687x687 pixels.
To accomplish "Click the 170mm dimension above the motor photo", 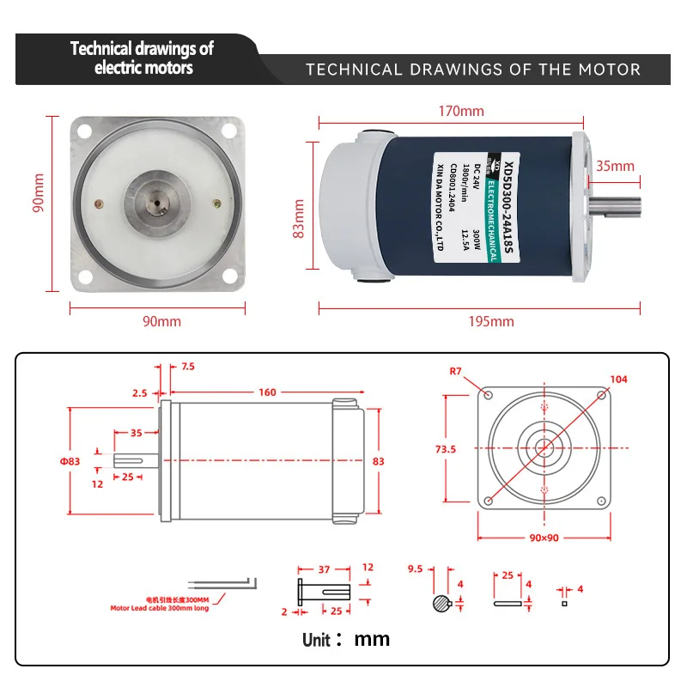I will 461,111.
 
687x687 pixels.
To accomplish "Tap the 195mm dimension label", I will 491,321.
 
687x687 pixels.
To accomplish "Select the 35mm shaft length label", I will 615,166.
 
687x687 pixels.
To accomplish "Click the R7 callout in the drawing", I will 456,371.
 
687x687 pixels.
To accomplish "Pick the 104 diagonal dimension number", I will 618,379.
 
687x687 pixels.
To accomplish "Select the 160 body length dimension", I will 267,392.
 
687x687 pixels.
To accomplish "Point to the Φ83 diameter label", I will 70,461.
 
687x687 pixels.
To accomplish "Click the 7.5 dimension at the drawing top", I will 188,367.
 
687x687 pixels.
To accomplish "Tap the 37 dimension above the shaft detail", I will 324,568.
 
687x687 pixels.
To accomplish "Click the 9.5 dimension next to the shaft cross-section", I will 415,568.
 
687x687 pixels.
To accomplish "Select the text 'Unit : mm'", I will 345,639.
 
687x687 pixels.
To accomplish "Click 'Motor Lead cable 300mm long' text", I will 159,607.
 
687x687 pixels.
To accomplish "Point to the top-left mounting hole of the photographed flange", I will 85,131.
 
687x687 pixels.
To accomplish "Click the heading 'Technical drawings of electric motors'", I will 142,58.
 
